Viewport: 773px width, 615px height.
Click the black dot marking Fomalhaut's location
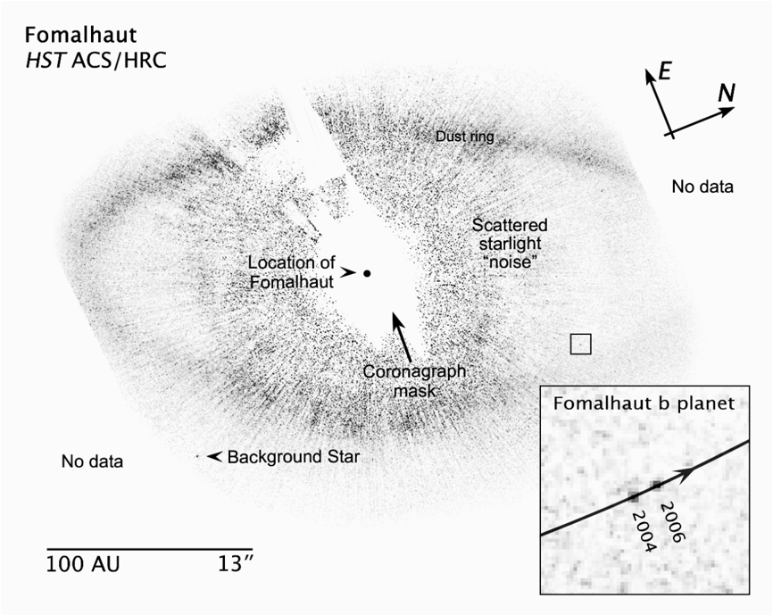tap(367, 273)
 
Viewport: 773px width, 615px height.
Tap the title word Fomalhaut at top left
tap(81, 36)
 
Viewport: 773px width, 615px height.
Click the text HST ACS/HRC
tap(96, 60)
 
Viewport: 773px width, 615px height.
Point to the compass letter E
tap(665, 72)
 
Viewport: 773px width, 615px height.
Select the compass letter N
tap(727, 93)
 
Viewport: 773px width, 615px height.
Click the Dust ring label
tap(464, 137)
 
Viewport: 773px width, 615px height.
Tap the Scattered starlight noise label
tap(510, 243)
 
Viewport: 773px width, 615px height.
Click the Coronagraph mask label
tap(414, 381)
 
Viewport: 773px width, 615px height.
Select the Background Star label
tap(294, 457)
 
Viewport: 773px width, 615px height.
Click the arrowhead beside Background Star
tap(213, 457)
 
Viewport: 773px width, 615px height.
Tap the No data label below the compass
tap(702, 187)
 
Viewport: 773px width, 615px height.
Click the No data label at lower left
tap(92, 461)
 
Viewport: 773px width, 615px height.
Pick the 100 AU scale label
tap(83, 564)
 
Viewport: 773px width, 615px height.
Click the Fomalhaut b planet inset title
tap(644, 403)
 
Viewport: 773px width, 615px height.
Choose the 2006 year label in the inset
tap(671, 522)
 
